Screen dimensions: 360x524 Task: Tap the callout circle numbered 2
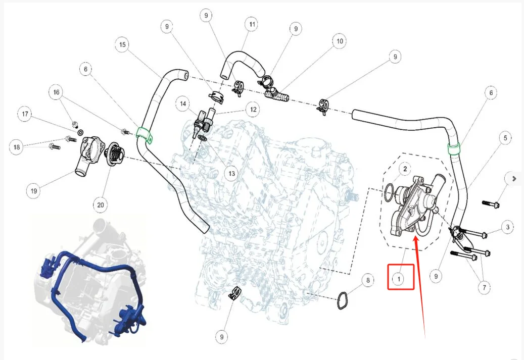coord(404,168)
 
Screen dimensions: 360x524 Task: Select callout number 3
coord(508,227)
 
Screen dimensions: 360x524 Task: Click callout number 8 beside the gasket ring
coord(367,280)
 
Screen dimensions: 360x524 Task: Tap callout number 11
coord(251,24)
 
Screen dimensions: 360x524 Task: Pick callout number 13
coord(231,174)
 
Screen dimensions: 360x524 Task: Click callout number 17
coord(25,114)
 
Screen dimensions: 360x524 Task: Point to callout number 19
coord(33,191)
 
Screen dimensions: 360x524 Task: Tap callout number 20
coord(101,204)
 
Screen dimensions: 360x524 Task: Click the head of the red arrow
coord(415,237)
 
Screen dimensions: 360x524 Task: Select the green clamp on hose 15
coord(145,135)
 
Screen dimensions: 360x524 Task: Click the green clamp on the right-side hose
coord(454,149)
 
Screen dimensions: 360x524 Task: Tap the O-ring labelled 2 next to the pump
coord(390,192)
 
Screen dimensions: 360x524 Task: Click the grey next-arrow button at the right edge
coord(514,178)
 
